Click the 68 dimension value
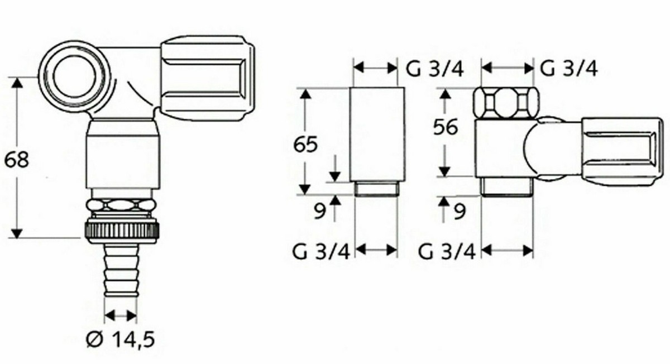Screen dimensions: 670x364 click(x=17, y=160)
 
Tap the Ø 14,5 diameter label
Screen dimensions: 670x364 click(x=121, y=339)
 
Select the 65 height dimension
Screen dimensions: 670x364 click(x=305, y=144)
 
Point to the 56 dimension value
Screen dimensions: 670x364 click(x=446, y=127)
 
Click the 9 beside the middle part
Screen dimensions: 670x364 click(x=320, y=212)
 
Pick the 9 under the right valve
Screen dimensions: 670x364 click(x=460, y=212)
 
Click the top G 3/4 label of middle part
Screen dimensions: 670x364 click(x=434, y=69)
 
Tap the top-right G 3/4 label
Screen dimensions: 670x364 click(x=568, y=69)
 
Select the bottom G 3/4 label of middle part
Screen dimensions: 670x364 click(x=321, y=252)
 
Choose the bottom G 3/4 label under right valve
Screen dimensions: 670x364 click(x=447, y=252)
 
